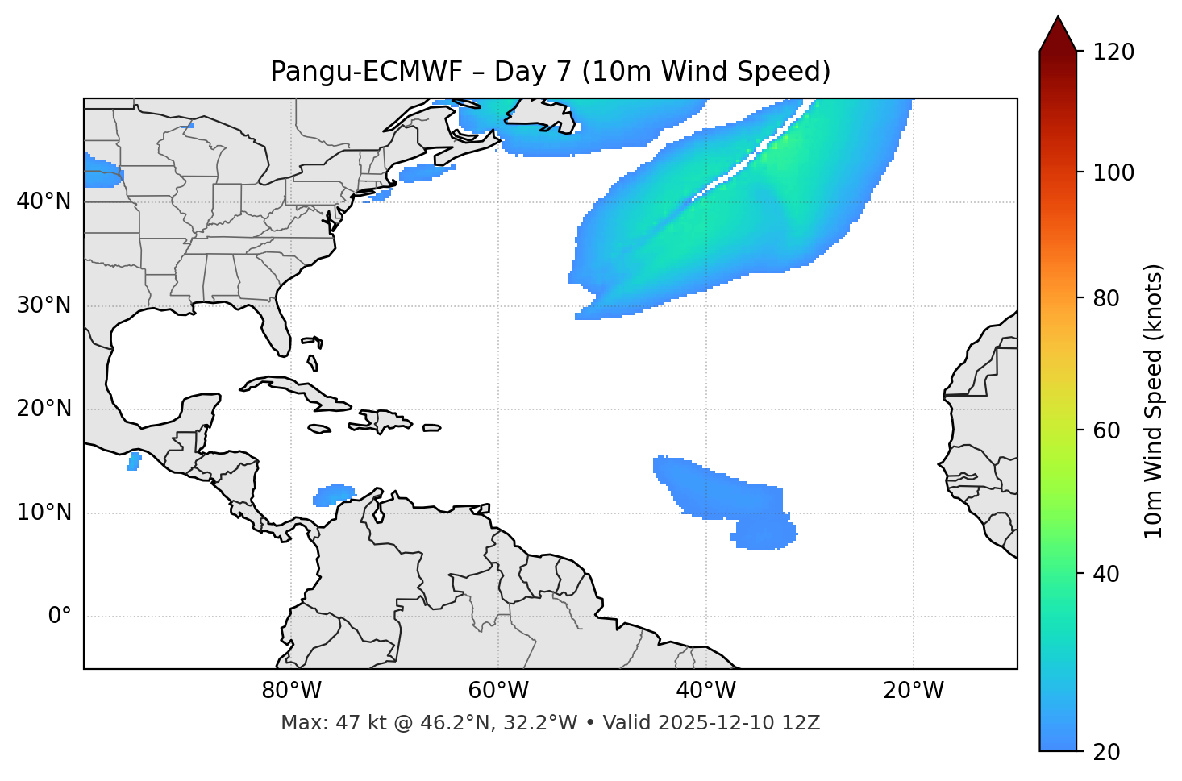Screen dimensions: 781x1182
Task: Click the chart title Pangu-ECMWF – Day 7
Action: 550,72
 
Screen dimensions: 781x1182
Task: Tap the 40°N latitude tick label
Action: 44,201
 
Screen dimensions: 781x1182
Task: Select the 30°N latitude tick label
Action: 44,305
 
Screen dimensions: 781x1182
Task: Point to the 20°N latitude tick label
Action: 44,409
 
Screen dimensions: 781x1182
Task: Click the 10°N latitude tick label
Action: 44,513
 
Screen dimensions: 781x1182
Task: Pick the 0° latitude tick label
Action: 60,617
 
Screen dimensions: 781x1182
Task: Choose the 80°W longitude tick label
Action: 291,691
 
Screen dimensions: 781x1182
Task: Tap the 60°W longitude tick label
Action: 498,691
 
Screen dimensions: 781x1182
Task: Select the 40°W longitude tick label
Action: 705,691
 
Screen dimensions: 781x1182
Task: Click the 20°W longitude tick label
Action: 913,691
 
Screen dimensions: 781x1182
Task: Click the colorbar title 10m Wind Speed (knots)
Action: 1154,401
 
